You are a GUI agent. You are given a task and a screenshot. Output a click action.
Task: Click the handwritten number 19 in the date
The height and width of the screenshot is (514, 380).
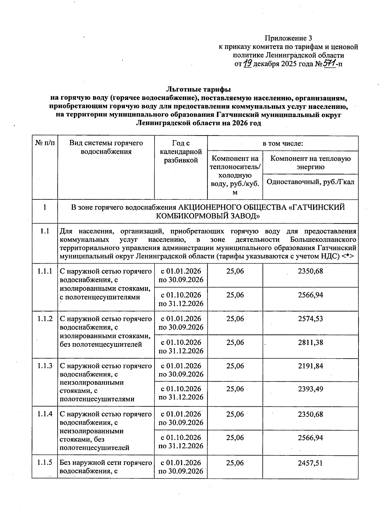coord(248,64)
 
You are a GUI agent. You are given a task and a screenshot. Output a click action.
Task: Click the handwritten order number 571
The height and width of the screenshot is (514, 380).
coord(329,64)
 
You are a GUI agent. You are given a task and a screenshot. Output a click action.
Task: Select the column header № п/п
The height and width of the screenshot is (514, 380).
coord(45,143)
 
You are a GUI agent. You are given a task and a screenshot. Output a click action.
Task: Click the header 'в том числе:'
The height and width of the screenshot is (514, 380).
coord(283,143)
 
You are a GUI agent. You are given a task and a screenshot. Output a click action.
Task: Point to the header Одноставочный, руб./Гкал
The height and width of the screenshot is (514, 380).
coord(310,182)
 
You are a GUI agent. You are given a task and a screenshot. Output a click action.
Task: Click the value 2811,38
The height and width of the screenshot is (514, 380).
coord(310,342)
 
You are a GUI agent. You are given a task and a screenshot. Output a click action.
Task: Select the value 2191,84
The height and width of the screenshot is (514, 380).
coord(310,366)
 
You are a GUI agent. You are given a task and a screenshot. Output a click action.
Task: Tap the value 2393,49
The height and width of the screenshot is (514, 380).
coord(310,389)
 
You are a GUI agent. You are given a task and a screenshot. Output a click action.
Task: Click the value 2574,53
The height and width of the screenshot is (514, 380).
coord(310,319)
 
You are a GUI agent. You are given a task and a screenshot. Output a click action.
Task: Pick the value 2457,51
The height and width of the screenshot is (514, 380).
coord(310,463)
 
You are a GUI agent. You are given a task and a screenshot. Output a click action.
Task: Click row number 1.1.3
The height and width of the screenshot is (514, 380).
coord(45,366)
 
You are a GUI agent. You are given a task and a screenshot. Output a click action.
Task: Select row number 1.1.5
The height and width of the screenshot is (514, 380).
coord(45,463)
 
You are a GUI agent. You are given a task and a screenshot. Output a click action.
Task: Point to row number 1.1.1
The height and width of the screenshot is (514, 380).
coord(45,271)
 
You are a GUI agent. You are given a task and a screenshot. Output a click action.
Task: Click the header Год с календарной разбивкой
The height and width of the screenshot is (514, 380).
coord(181,152)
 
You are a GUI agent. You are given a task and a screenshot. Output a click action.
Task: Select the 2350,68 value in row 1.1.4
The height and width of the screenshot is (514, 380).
coord(310,414)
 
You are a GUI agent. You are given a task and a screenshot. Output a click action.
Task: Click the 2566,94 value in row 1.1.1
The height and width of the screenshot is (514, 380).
coord(310,295)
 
